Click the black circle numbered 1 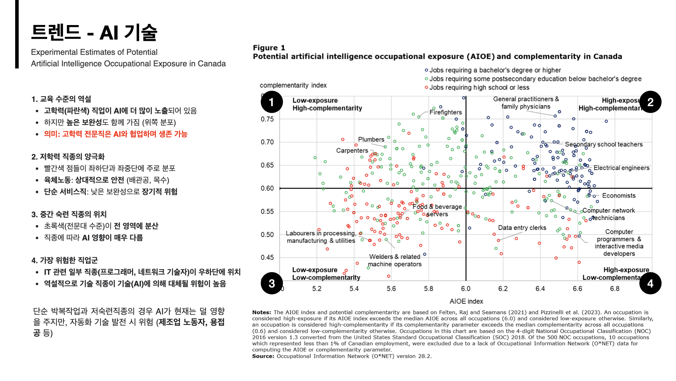271,102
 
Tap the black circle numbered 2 650,102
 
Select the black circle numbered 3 271,283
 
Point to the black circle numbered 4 650,283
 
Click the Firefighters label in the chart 445,112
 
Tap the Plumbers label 371,139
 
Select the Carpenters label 352,151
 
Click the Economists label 619,195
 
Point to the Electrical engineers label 621,168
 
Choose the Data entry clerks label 522,228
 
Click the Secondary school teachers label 603,144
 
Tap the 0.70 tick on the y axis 267,142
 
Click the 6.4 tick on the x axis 540,289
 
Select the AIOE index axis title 466,301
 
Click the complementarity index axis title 293,85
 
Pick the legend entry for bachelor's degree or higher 495,70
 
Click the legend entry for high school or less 479,87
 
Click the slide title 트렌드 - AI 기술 94,32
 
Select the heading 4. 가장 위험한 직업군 64,260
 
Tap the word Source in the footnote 263,356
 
